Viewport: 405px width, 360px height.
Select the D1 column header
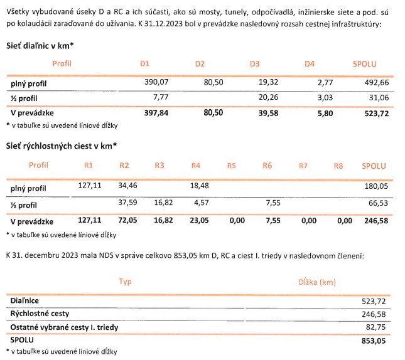pos(144,64)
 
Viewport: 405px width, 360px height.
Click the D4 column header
pos(309,64)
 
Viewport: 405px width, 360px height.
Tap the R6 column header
pos(267,166)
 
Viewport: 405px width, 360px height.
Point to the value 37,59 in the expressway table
pos(127,203)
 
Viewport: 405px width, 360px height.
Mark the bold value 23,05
pos(199,221)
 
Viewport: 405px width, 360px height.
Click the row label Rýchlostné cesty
pos(39,313)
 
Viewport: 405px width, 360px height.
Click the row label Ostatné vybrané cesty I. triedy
pos(64,327)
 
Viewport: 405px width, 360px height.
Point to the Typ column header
pos(126,282)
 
